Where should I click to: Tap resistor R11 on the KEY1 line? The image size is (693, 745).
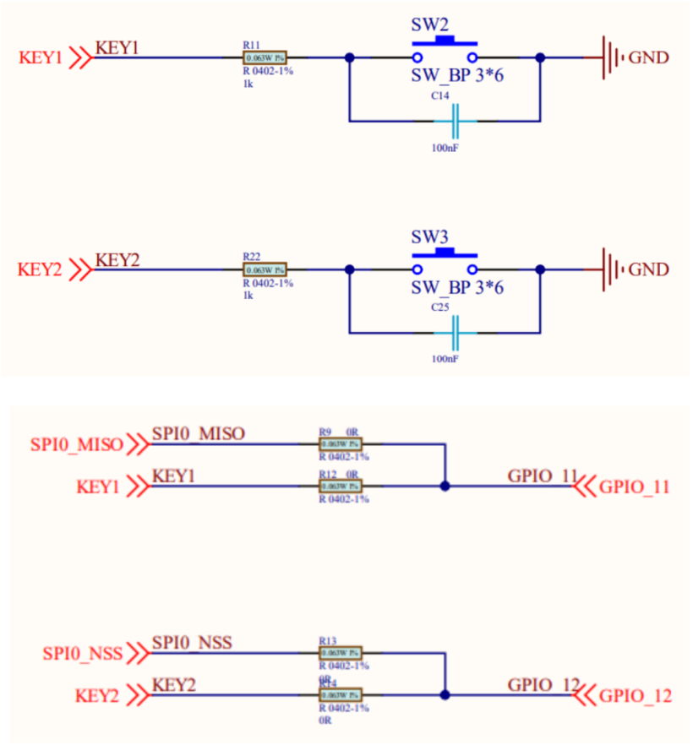[x=265, y=57]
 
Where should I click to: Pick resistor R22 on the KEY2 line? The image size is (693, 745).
[x=265, y=269]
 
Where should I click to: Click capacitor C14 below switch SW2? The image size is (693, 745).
[x=455, y=122]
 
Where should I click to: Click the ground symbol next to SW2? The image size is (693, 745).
[x=611, y=57]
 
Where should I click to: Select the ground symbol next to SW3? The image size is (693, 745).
[x=611, y=269]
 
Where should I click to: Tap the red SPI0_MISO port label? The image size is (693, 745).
[x=77, y=443]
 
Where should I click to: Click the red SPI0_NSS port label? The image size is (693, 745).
[x=83, y=654]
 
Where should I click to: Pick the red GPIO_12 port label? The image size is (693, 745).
[x=635, y=697]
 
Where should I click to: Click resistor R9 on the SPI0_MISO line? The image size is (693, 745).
[x=341, y=443]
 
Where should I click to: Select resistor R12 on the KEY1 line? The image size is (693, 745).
[x=341, y=487]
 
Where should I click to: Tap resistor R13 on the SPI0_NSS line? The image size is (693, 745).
[x=341, y=653]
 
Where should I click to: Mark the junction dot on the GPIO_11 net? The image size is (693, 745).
[x=445, y=487]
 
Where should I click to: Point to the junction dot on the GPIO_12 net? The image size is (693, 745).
[x=445, y=694]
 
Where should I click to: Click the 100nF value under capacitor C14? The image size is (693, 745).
[x=445, y=148]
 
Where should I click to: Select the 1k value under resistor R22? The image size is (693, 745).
[x=248, y=296]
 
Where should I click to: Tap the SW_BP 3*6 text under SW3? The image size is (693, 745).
[x=456, y=289]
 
